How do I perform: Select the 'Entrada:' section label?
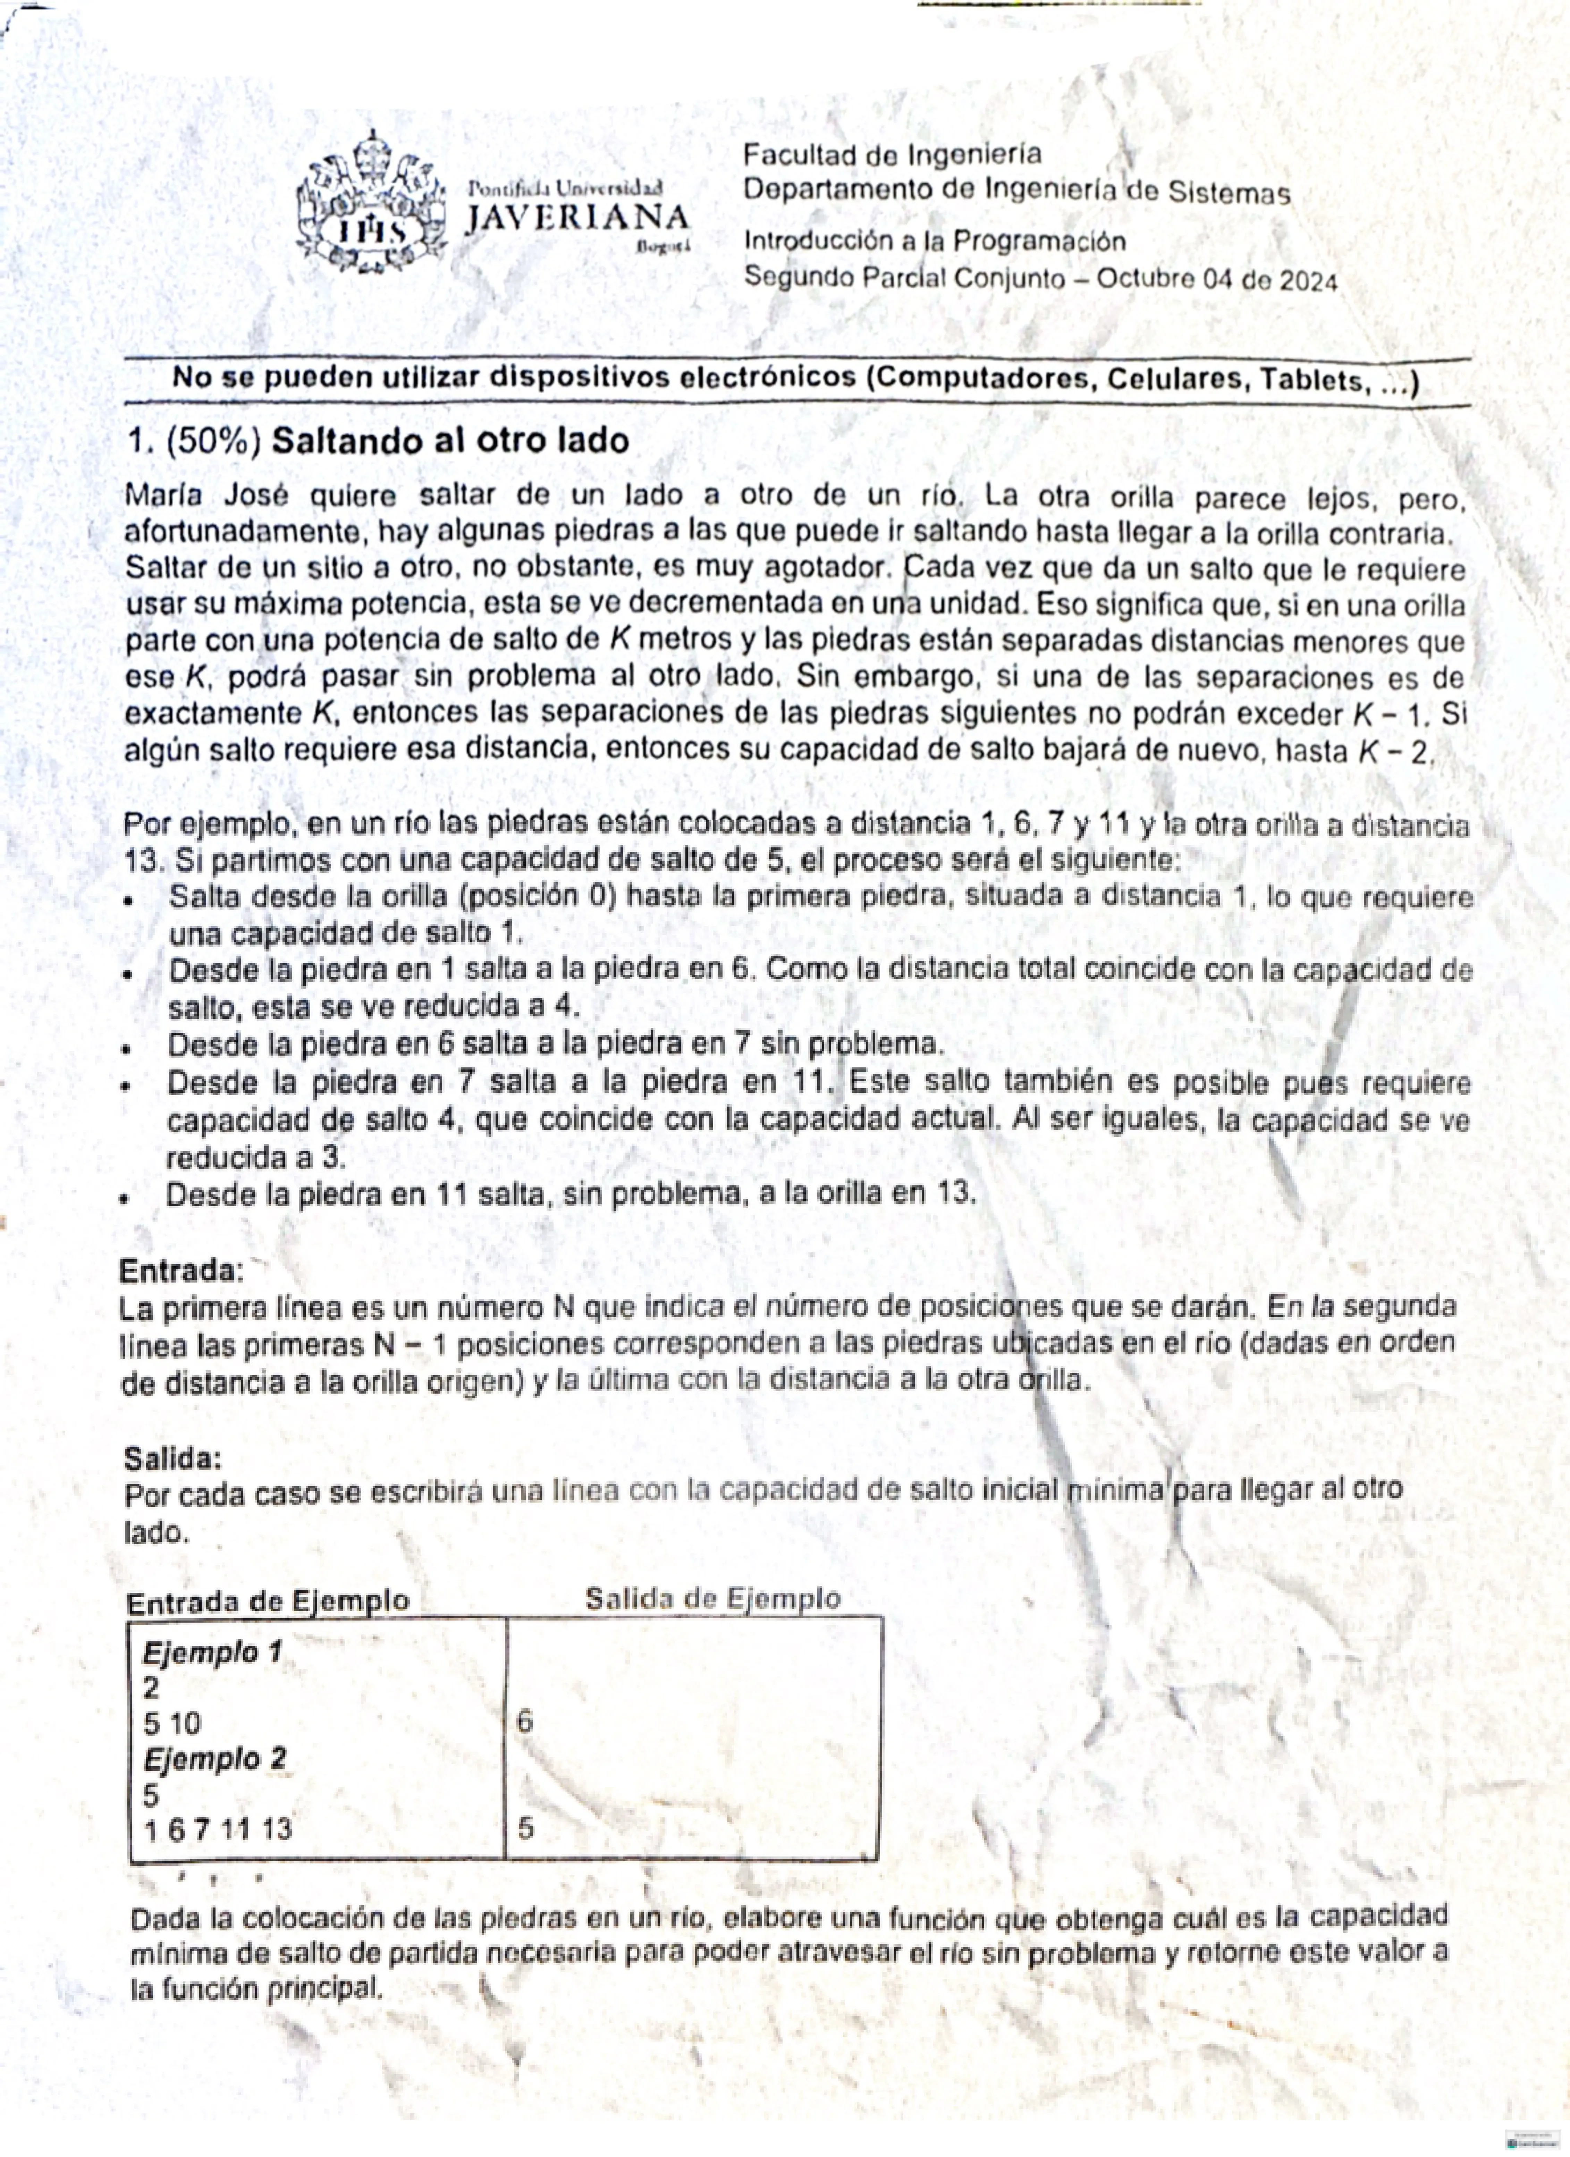pyautogui.click(x=181, y=1271)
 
